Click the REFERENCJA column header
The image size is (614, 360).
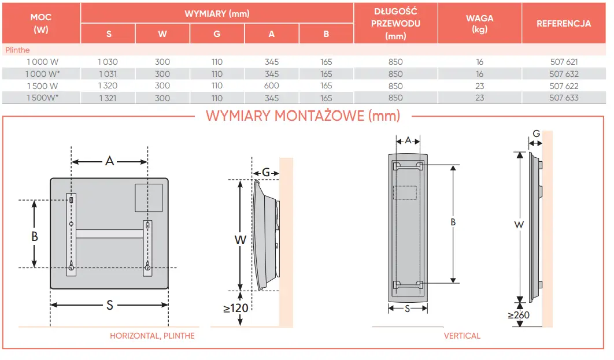click(x=563, y=24)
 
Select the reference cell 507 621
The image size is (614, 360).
click(x=563, y=62)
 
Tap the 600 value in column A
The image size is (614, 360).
click(x=272, y=86)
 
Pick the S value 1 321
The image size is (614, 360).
click(x=108, y=98)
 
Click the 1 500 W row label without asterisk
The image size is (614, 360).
click(x=42, y=86)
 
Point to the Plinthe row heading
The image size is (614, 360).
click(x=17, y=50)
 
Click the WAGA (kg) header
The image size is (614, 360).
click(x=479, y=24)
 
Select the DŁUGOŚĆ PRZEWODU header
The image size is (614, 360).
click(x=395, y=24)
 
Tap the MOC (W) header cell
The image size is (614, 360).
click(x=41, y=24)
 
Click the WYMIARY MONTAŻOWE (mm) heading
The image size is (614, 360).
click(x=303, y=116)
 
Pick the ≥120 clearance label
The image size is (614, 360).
click(x=236, y=308)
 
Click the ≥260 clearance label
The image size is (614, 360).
click(x=519, y=315)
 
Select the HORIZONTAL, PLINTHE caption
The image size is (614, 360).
click(x=152, y=336)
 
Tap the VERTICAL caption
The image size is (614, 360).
click(x=462, y=336)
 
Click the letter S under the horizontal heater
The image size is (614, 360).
click(x=109, y=306)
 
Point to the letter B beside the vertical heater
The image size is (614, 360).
click(x=453, y=222)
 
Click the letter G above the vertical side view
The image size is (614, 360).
click(x=537, y=133)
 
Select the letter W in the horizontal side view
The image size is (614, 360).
click(x=241, y=239)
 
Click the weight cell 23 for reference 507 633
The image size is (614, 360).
click(x=479, y=98)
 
